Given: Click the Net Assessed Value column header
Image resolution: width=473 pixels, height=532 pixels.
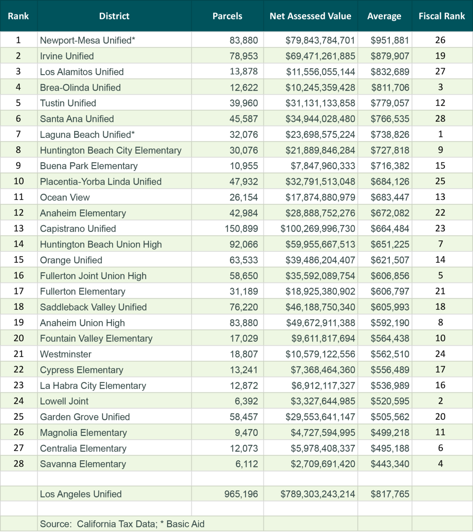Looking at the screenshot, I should tap(310, 16).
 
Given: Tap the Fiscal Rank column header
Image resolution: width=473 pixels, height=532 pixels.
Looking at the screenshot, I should tap(441, 16).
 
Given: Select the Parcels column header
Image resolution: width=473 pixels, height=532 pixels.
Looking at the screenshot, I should tap(227, 16).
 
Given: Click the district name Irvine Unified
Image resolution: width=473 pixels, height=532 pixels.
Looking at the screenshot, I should tap(67, 56).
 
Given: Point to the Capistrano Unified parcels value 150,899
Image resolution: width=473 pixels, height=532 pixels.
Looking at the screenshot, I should tap(241, 229).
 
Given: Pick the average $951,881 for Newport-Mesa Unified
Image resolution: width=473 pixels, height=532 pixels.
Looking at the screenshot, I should tap(389, 40).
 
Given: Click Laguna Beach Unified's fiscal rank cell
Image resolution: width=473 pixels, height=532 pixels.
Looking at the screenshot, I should tap(440, 134).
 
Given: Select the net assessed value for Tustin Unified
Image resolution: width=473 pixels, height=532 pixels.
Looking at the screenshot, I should tap(320, 103).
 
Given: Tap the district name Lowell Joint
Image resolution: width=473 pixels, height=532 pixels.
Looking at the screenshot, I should tap(64, 401).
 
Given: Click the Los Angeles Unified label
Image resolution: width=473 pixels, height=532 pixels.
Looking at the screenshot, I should tap(81, 494).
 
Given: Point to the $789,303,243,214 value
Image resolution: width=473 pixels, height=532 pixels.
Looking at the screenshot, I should tap(318, 494).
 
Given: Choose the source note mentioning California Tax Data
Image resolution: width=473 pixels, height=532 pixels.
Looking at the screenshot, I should tap(122, 524).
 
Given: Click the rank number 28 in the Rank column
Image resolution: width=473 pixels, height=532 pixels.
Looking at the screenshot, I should tap(19, 464).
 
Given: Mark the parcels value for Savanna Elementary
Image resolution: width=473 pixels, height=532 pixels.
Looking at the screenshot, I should tap(246, 464).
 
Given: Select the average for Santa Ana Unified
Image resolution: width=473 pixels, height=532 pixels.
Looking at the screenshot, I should tap(389, 119).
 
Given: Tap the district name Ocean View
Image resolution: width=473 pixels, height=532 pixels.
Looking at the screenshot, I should tap(65, 197).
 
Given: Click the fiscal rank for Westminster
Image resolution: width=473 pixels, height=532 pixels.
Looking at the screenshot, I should tap(440, 354).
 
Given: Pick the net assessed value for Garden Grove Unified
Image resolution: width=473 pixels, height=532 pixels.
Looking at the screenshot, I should tap(320, 417).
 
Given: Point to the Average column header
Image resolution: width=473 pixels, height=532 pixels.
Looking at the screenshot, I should tap(384, 16).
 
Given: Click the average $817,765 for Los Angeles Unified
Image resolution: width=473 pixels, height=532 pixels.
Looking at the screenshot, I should tap(389, 494).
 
